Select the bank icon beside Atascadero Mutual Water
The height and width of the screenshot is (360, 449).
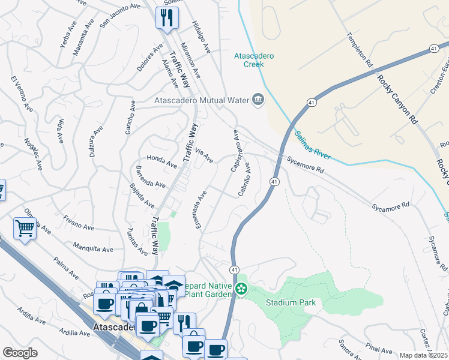[x=258, y=99]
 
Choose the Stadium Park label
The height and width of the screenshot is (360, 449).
[x=291, y=302]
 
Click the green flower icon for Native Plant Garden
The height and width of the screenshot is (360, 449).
[x=241, y=290]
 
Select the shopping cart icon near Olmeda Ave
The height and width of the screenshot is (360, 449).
[x=25, y=228]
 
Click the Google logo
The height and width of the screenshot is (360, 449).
[x=20, y=353]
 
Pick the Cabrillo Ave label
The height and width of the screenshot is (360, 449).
[x=244, y=178]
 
